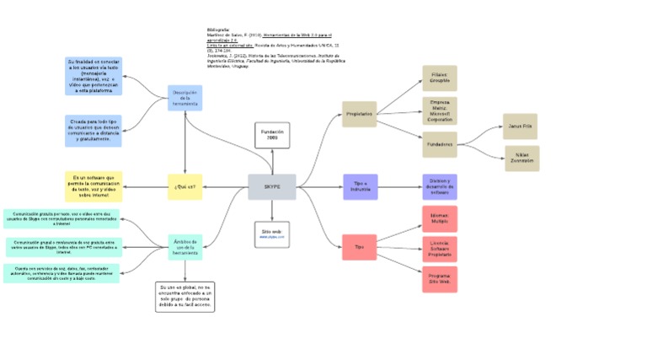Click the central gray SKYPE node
272,186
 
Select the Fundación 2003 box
272,135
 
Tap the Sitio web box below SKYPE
271,234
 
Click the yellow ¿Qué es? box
184,186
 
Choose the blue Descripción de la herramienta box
184,98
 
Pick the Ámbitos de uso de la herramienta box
184,246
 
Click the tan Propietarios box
359,113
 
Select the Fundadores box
439,144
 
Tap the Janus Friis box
520,126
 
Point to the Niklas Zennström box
521,158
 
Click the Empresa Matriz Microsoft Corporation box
439,111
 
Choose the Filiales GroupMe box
439,78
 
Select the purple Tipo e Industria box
360,186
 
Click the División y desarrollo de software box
439,186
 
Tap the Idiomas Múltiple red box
439,218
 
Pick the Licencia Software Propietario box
439,248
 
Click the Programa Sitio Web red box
439,279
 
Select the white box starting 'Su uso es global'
185,297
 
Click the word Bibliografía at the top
218,29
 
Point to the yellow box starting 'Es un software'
94,185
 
